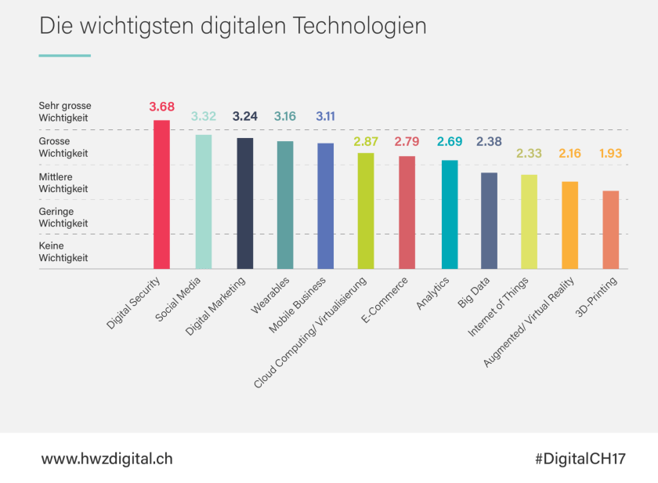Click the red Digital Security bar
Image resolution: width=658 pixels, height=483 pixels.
(161, 194)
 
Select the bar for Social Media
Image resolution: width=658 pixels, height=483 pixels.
(203, 202)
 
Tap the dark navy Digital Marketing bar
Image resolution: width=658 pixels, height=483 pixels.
(244, 203)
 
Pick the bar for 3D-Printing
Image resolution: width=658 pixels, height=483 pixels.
(610, 230)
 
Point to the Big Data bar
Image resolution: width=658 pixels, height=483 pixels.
(489, 220)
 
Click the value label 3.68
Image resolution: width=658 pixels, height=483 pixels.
(161, 107)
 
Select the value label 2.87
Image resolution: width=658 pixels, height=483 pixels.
(366, 141)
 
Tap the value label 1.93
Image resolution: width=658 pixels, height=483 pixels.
(610, 153)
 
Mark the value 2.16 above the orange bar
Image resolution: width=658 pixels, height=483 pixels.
(569, 153)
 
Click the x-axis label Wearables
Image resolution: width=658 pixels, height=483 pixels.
(272, 292)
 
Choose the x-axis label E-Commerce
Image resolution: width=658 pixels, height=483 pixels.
(385, 297)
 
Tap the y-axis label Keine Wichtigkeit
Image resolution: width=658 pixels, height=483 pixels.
(63, 251)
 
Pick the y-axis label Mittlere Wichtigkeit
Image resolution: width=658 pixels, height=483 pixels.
(63, 183)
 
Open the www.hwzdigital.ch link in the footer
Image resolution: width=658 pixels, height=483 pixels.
(107, 458)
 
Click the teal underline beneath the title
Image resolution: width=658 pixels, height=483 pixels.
(64, 56)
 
